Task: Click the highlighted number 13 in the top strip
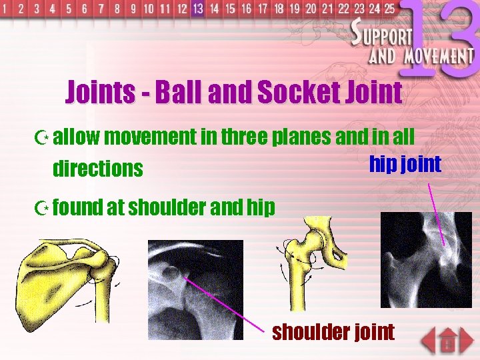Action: coord(197,9)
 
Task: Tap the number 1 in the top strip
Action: coord(6,9)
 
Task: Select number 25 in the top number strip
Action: coord(389,9)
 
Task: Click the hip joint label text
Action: coord(405,164)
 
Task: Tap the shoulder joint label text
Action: coord(333,331)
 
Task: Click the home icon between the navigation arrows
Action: coord(448,342)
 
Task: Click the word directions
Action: coord(97,169)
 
